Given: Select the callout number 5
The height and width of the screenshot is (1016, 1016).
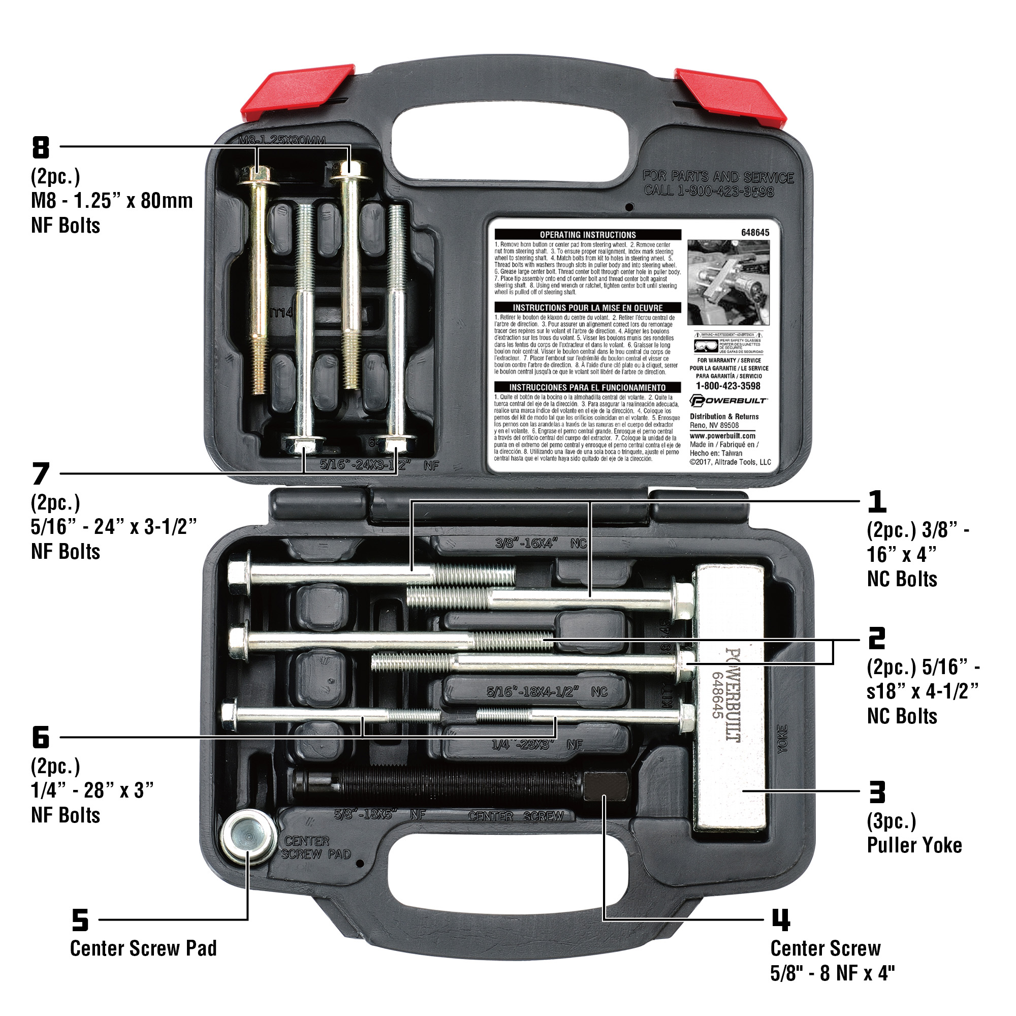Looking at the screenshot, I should point(80,920).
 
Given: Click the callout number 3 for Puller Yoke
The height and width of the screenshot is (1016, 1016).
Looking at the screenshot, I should point(877,792).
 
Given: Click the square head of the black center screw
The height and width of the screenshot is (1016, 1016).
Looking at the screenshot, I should point(606,786).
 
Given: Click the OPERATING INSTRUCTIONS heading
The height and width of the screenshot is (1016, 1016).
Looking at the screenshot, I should point(587,235).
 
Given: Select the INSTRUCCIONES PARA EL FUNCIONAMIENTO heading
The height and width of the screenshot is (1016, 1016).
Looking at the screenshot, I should point(587,387).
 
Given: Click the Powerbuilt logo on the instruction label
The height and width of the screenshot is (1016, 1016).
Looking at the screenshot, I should point(728,401).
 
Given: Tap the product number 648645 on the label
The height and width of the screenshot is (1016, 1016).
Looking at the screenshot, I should point(755,233).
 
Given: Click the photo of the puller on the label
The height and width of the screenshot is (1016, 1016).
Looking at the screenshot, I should point(728,282).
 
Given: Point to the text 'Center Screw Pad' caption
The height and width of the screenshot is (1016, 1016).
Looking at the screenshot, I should point(143,948).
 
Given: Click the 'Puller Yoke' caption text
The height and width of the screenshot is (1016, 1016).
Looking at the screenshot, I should point(914,845).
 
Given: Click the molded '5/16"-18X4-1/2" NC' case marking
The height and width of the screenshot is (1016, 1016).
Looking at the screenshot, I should point(547,691).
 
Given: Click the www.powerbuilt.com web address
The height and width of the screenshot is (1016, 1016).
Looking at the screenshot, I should point(722,435).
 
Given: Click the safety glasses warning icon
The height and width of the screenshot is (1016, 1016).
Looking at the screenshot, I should point(705,345).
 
